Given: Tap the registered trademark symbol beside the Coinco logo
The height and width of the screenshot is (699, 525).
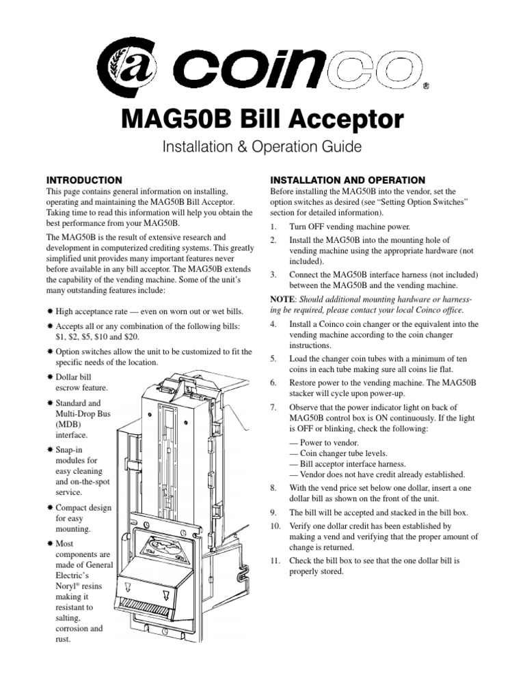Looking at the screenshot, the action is tap(426, 87).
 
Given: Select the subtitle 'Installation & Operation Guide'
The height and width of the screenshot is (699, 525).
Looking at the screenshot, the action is tap(262, 147).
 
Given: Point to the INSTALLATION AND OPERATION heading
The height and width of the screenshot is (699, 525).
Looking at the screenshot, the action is tap(348, 180).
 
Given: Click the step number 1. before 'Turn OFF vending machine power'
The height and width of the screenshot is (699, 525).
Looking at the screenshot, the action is tap(273, 226).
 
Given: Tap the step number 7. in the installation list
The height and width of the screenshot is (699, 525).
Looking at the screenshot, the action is tap(273, 408).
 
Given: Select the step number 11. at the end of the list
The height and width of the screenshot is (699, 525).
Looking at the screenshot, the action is tap(275, 560).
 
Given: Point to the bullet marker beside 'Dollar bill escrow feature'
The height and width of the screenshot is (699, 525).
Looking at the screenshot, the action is tap(49, 377).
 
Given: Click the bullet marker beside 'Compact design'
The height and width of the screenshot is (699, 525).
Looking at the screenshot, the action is tap(49, 508).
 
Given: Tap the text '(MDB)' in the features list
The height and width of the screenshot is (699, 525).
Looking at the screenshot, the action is tap(67, 425).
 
